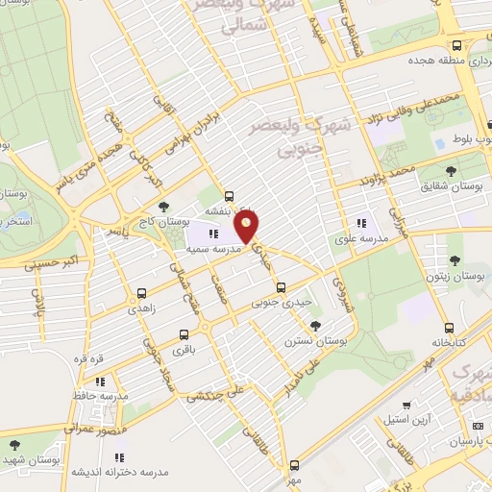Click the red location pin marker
248,228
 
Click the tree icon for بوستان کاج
164,206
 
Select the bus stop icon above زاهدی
143,293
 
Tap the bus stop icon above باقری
184,335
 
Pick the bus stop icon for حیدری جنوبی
281,287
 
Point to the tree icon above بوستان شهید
12,446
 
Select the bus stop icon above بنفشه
229,195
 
